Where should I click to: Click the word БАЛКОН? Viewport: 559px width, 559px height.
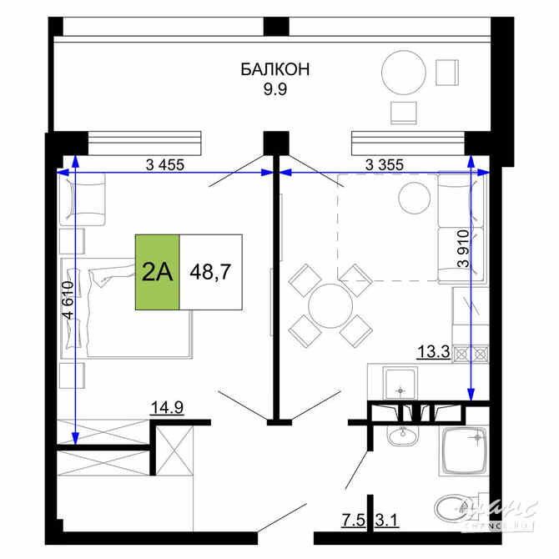(274, 69)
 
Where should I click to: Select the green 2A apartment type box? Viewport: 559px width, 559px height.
(158, 272)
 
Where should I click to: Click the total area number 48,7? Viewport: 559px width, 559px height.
(210, 272)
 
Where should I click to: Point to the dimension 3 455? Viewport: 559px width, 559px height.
(164, 164)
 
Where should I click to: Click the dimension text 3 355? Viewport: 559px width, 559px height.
(384, 164)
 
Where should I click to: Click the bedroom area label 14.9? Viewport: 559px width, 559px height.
(166, 407)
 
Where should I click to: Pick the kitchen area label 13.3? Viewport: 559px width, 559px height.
(433, 352)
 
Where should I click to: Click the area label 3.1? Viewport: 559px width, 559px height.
(387, 523)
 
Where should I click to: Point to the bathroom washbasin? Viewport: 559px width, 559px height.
(404, 435)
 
